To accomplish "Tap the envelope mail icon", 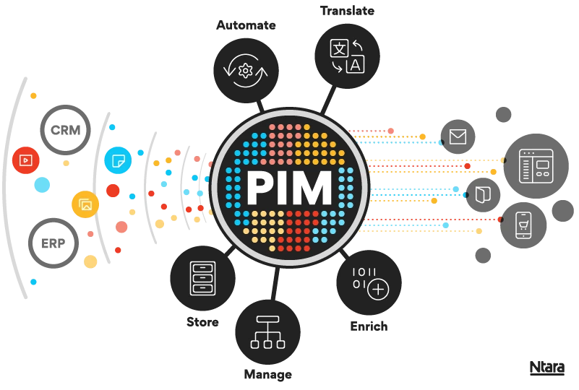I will click(458, 136).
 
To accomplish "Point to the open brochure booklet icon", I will click(483, 195).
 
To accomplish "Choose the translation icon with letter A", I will click(347, 56).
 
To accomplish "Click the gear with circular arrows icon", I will click(245, 69).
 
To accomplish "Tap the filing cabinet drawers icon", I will click(203, 278).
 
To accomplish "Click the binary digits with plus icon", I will click(369, 282).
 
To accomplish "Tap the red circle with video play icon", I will click(26, 160).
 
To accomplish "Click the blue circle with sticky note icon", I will click(118, 160).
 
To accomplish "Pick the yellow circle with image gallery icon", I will click(85, 205).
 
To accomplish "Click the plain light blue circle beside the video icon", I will click(43, 186).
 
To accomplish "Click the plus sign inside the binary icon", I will click(378, 290).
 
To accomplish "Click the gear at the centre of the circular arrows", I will click(245, 70).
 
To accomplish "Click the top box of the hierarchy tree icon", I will click(267, 319).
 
